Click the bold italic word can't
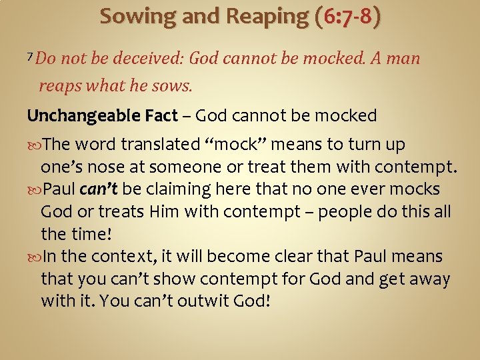tap(99, 189)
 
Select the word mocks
tap(417, 189)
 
